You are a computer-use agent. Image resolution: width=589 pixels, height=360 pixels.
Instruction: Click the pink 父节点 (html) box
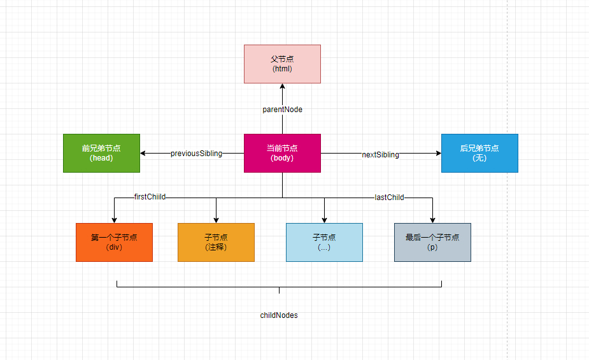[282, 64]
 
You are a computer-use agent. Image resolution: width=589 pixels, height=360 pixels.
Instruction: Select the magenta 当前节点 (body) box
[282, 153]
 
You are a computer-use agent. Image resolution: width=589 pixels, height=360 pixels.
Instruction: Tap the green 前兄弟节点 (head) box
[101, 153]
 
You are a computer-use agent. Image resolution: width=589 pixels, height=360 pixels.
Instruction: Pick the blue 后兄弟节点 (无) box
[479, 153]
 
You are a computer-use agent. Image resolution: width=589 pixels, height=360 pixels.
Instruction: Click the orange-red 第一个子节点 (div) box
[114, 242]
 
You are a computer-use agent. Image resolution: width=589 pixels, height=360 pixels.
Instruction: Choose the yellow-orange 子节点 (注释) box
[216, 242]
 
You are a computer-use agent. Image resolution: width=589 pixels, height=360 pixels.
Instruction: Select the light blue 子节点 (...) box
[324, 242]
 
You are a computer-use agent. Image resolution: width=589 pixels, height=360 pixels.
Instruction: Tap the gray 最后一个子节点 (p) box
[432, 242]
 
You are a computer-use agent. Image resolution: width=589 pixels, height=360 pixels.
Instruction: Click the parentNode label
[282, 110]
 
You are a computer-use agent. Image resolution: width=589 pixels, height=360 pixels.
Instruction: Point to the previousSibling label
[196, 154]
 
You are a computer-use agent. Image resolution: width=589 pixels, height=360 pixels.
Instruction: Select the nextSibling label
[380, 154]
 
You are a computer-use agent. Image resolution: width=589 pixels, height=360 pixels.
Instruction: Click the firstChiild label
[150, 197]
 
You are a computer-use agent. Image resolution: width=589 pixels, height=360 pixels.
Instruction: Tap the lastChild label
[389, 198]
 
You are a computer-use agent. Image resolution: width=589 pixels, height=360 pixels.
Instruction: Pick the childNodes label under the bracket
[279, 315]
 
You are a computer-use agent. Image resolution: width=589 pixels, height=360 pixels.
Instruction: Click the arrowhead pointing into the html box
[282, 87]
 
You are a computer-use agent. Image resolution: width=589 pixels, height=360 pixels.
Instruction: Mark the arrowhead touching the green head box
[143, 153]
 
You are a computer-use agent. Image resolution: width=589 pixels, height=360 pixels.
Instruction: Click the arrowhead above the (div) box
[114, 220]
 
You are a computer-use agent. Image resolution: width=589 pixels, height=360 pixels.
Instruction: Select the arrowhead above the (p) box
[432, 220]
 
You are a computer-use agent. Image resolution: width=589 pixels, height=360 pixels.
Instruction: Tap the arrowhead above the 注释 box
[216, 220]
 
